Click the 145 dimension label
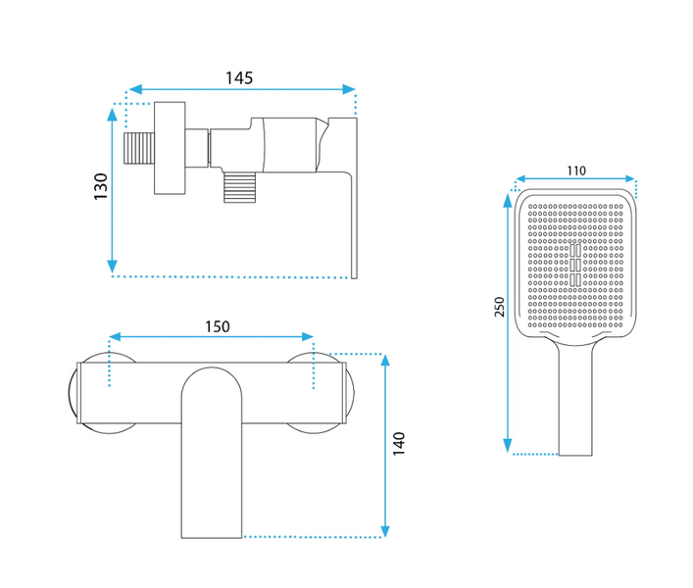click(239, 78)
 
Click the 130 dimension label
click(101, 186)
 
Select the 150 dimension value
click(218, 326)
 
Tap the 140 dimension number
click(399, 444)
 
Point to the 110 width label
click(576, 171)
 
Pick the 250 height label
click(499, 307)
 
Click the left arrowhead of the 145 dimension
click(135, 89)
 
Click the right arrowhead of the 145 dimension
click(349, 89)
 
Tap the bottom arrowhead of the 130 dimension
click(113, 267)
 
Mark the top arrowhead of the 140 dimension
click(385, 361)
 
